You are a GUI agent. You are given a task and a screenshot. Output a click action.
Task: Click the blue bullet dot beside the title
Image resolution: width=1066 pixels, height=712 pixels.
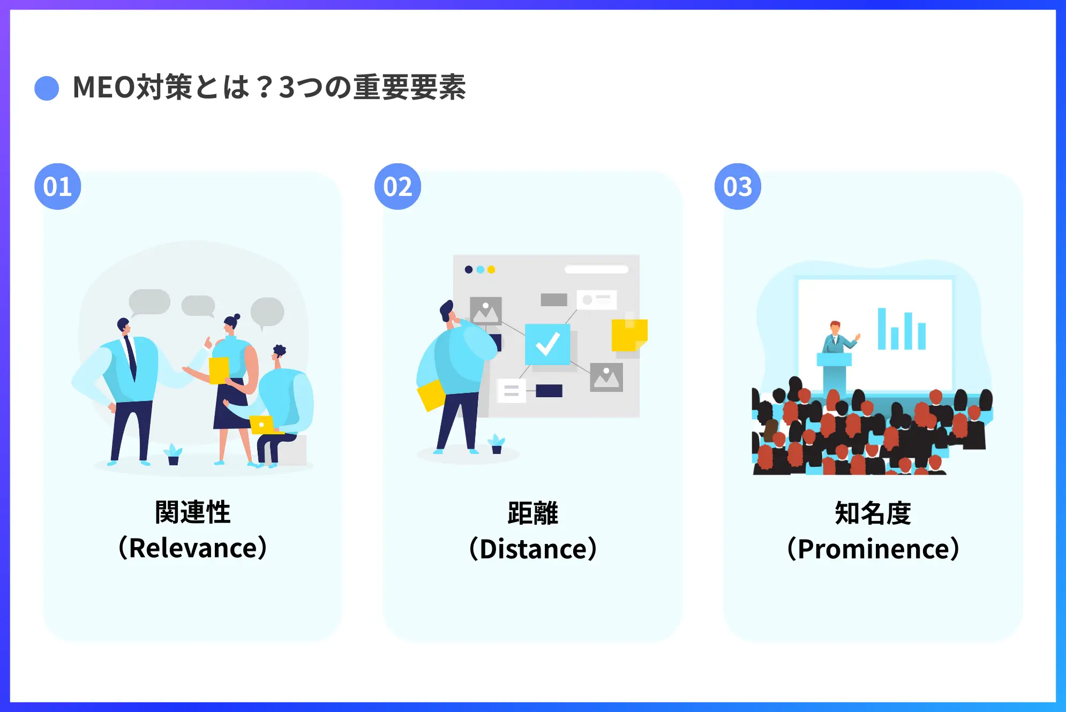(x=47, y=88)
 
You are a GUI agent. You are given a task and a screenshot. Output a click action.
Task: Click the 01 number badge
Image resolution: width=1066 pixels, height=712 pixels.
(x=58, y=186)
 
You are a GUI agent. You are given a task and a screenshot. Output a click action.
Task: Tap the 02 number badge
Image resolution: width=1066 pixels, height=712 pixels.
(x=397, y=186)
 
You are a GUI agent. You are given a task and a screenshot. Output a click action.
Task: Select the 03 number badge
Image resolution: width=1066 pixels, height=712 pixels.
(x=738, y=186)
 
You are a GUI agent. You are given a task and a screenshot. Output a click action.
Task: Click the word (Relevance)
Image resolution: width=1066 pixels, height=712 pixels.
(x=192, y=548)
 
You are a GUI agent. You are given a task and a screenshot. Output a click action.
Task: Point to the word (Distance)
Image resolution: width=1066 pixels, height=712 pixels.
(x=532, y=549)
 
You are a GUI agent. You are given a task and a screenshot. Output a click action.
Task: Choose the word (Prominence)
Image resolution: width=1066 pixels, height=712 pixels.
(x=873, y=549)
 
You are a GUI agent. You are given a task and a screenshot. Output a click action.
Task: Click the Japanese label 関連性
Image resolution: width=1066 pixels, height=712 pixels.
(x=192, y=512)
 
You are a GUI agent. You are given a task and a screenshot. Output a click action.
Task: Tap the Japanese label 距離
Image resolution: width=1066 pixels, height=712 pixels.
(x=532, y=513)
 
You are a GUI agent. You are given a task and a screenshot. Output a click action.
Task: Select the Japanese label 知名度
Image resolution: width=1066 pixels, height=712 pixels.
(x=873, y=513)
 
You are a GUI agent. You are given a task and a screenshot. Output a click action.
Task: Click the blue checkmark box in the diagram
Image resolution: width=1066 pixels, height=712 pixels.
(x=547, y=344)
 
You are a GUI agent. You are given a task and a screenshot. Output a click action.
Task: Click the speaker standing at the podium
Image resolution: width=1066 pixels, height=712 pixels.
(x=836, y=337)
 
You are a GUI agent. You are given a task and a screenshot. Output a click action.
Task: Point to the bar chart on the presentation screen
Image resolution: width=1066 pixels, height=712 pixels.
(x=902, y=330)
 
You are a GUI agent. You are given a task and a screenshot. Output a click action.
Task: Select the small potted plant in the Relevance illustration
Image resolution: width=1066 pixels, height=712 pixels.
(x=173, y=455)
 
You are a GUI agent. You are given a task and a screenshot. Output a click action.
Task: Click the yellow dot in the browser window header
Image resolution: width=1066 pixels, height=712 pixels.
(x=491, y=270)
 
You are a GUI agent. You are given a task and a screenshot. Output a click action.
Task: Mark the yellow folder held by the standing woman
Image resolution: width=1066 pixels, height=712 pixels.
(x=219, y=370)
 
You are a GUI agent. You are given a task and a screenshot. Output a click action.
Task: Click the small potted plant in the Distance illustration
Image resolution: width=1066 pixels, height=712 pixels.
(x=497, y=444)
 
